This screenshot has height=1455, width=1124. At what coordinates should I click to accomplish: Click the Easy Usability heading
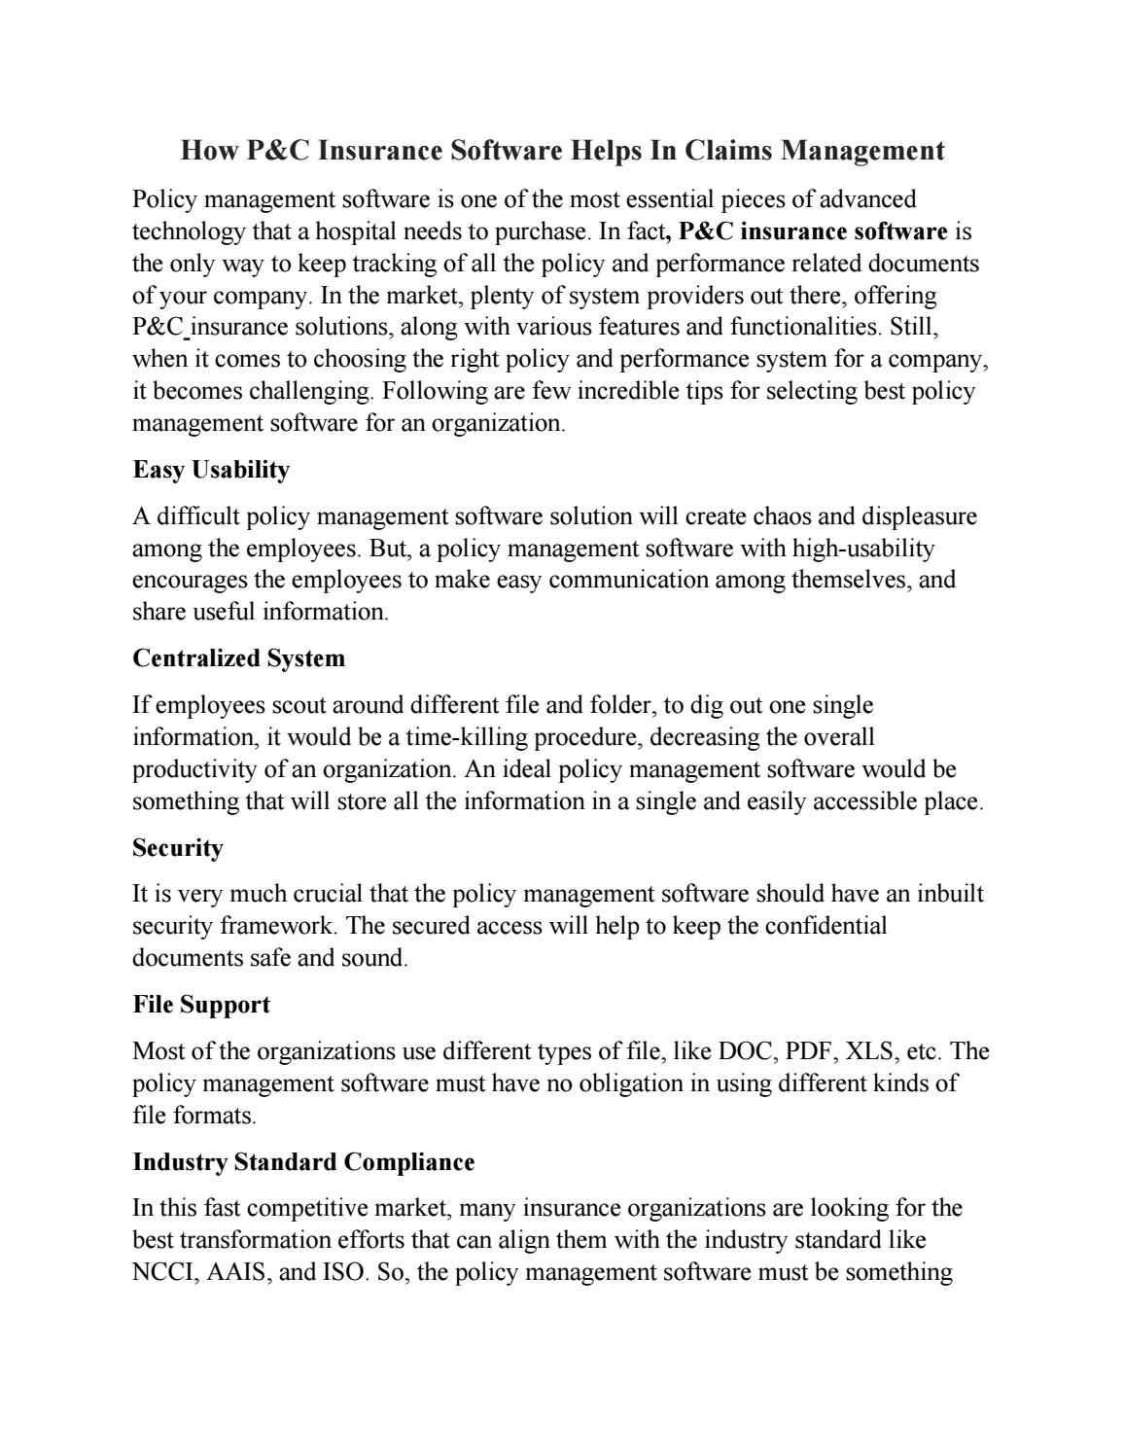pos(211,470)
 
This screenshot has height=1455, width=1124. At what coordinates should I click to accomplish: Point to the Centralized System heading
pos(238,658)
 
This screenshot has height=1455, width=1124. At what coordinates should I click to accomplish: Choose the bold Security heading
pos(178,848)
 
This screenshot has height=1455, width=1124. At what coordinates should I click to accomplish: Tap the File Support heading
pos(201,1005)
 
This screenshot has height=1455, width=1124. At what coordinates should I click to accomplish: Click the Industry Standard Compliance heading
pos(303,1162)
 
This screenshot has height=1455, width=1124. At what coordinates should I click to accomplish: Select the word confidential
pos(825,925)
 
